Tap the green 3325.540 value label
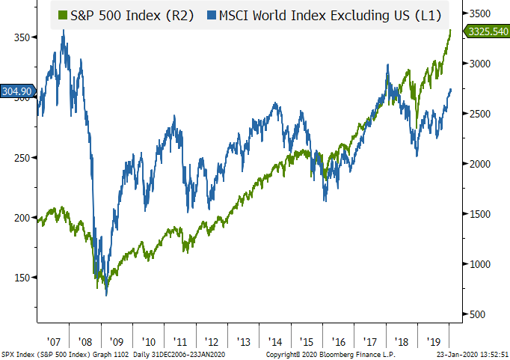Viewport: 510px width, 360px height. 486,31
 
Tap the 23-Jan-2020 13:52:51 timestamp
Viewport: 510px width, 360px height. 471,353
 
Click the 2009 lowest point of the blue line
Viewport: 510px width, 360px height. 106,295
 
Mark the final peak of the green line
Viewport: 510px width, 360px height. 451,30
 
